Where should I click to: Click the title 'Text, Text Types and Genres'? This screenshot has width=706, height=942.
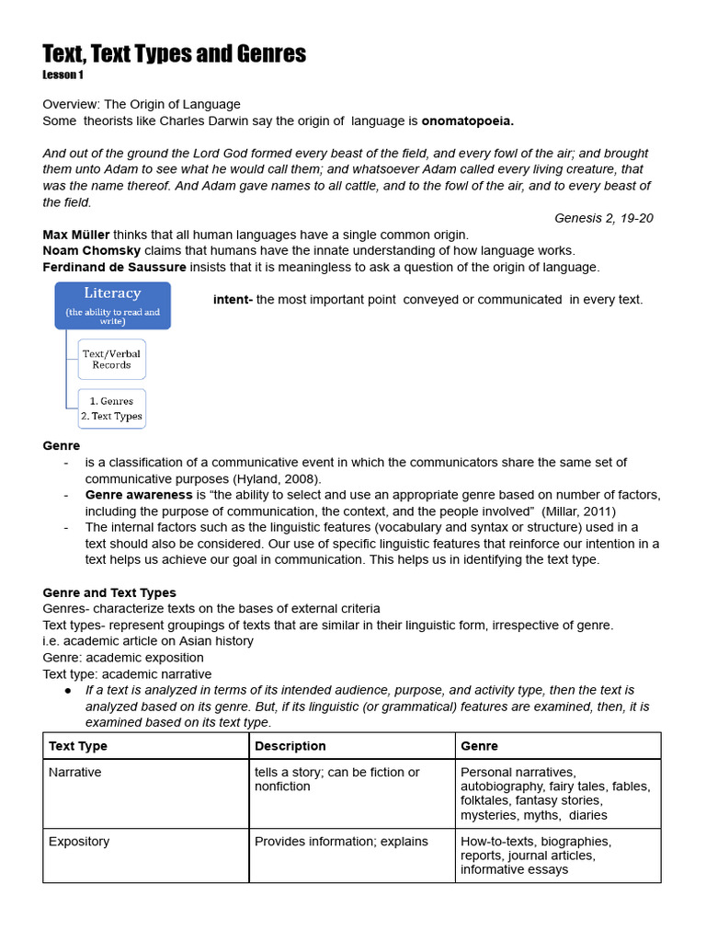pyautogui.click(x=174, y=54)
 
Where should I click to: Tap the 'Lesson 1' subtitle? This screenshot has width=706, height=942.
pyautogui.click(x=63, y=75)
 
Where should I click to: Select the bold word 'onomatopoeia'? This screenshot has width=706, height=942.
pyautogui.click(x=467, y=121)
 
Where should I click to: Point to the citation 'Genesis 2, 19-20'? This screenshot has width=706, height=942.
pyautogui.click(x=604, y=218)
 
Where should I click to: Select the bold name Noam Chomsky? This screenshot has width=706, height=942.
pyautogui.click(x=89, y=250)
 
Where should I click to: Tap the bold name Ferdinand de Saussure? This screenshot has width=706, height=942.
pyautogui.click(x=114, y=267)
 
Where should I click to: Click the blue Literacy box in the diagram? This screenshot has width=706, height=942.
pyautogui.click(x=112, y=305)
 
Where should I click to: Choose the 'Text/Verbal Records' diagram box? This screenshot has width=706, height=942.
pyautogui.click(x=111, y=359)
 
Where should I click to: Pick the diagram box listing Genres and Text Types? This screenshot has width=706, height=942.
pyautogui.click(x=111, y=408)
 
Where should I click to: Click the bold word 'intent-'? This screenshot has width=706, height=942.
pyautogui.click(x=233, y=299)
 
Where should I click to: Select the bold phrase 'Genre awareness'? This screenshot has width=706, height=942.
pyautogui.click(x=138, y=495)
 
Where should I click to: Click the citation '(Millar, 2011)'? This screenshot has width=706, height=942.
pyautogui.click(x=578, y=511)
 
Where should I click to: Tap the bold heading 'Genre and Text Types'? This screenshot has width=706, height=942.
pyautogui.click(x=109, y=592)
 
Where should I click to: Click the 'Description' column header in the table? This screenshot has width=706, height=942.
pyautogui.click(x=290, y=745)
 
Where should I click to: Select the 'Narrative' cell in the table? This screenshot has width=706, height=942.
pyautogui.click(x=75, y=772)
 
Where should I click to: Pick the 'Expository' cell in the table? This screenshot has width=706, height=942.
pyautogui.click(x=79, y=841)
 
